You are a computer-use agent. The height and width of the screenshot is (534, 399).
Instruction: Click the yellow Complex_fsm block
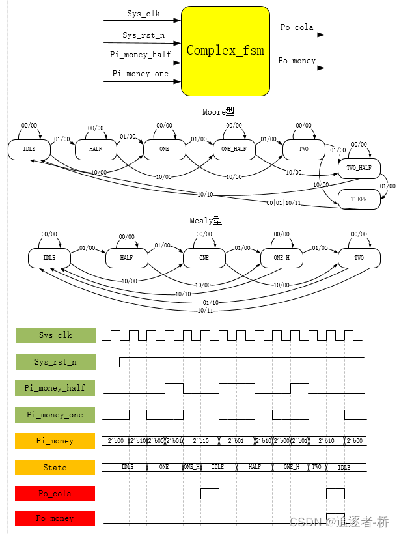point(225,51)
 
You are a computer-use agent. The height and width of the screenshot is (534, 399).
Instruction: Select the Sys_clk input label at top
point(143,14)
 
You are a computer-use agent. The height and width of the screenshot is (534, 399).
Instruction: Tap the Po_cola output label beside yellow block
point(297,27)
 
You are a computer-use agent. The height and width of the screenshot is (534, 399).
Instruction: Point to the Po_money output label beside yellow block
point(297,61)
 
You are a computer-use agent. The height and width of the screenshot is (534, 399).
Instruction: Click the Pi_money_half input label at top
point(140,55)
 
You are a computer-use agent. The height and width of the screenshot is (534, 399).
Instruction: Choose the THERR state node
point(359,199)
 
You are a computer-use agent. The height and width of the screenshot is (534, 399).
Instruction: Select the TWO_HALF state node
point(359,168)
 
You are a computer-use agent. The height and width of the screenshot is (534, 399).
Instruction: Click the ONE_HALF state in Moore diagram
point(234,150)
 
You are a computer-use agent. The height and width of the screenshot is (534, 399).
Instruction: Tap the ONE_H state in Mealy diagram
point(282,258)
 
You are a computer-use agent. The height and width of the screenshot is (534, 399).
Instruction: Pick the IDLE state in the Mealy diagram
point(49,258)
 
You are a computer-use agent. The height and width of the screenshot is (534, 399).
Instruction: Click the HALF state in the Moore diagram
point(95,150)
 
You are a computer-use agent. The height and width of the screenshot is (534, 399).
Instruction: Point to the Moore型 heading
point(218,112)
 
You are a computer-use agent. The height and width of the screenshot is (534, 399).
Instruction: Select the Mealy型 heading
point(206,221)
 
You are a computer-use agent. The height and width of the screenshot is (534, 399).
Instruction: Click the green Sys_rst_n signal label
point(55,362)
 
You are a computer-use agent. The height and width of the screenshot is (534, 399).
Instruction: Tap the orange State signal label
point(55,468)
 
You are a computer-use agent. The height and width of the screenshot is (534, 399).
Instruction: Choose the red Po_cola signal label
point(55,494)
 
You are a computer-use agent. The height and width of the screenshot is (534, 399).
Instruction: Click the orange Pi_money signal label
point(55,442)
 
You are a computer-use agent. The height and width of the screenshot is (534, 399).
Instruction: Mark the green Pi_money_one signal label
point(55,414)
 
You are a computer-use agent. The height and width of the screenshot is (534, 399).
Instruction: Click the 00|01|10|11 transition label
point(283,203)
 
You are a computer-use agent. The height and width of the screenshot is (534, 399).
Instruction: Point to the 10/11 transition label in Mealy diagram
point(205,311)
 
